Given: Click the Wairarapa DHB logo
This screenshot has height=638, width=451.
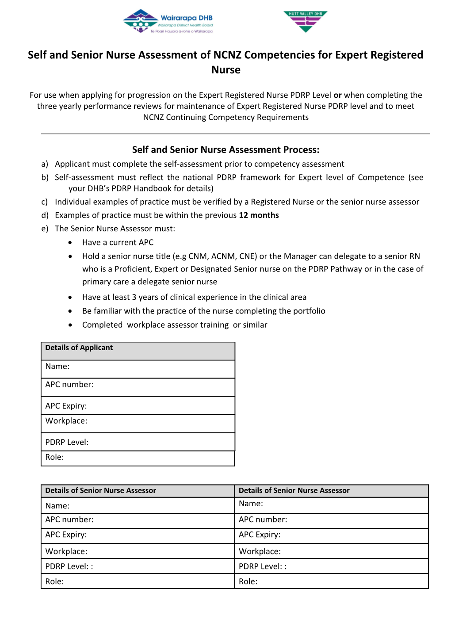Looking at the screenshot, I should (168, 22).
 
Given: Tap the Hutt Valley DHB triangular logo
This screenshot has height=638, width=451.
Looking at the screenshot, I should (305, 21).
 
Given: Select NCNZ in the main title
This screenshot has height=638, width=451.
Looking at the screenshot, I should (227, 55).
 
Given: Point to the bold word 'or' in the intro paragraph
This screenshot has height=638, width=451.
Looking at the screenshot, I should (337, 95).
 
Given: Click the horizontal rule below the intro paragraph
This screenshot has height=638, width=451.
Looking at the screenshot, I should (235, 134).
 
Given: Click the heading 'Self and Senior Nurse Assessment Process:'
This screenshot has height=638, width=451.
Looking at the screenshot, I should (225, 149).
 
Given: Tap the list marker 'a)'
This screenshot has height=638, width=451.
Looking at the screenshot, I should (45, 164).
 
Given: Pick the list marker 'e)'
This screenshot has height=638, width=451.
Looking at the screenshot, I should (45, 229).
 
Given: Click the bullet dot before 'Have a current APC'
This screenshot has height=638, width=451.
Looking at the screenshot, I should (70, 243).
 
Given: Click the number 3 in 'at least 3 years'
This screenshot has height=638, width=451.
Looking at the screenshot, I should (134, 297).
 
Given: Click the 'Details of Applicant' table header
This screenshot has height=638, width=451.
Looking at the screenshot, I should (79, 348).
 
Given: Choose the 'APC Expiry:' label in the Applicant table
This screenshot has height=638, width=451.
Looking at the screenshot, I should (66, 406).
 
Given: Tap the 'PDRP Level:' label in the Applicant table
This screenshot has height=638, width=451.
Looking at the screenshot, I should (67, 442).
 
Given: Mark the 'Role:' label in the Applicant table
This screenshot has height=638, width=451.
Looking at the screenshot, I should (54, 457).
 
